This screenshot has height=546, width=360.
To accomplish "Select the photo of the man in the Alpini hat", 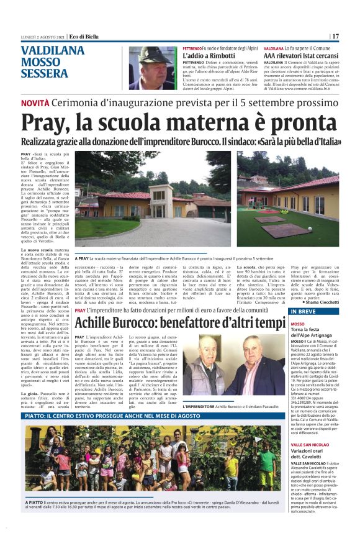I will pyautogui.click(x=152, y=68).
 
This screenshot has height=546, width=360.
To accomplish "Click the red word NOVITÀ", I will pyautogui.click(x=35, y=102).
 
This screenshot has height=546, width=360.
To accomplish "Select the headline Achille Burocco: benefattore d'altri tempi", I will pyautogui.click(x=180, y=322).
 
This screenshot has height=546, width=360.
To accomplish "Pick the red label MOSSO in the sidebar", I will pyautogui.click(x=298, y=324).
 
